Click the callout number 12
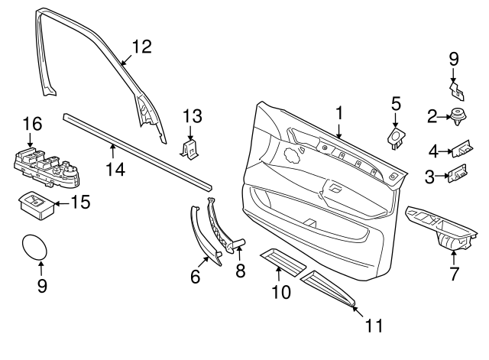(141, 47)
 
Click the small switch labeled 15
(34, 204)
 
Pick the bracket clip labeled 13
(189, 146)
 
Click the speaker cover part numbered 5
(396, 138)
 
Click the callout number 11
(373, 326)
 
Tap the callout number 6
(195, 277)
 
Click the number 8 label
(241, 270)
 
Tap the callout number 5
(396, 102)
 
